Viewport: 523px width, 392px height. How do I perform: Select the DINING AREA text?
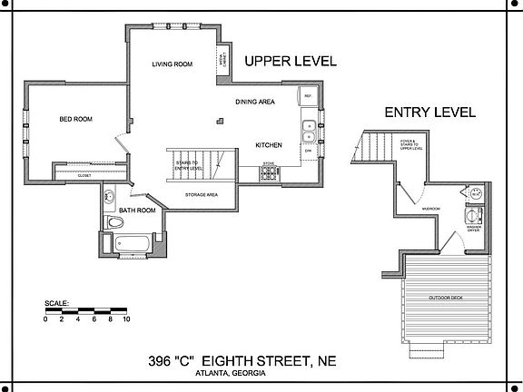coord(255,102)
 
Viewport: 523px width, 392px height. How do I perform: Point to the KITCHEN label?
coord(268,145)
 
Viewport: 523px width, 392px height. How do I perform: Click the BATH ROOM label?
coord(137,211)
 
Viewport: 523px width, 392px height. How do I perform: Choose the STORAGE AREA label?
coord(200,193)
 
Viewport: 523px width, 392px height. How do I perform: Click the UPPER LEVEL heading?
coord(291,62)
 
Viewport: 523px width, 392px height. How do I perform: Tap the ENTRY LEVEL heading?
coord(429,113)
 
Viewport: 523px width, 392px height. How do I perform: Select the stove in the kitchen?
coord(268,172)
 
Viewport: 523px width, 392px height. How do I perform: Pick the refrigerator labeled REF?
coord(308,96)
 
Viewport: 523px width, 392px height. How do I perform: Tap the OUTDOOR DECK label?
coord(445,297)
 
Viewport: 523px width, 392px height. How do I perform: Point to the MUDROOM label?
coord(430,209)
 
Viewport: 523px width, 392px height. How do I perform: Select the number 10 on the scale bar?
coord(126,319)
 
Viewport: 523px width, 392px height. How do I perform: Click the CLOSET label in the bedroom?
coord(84,175)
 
